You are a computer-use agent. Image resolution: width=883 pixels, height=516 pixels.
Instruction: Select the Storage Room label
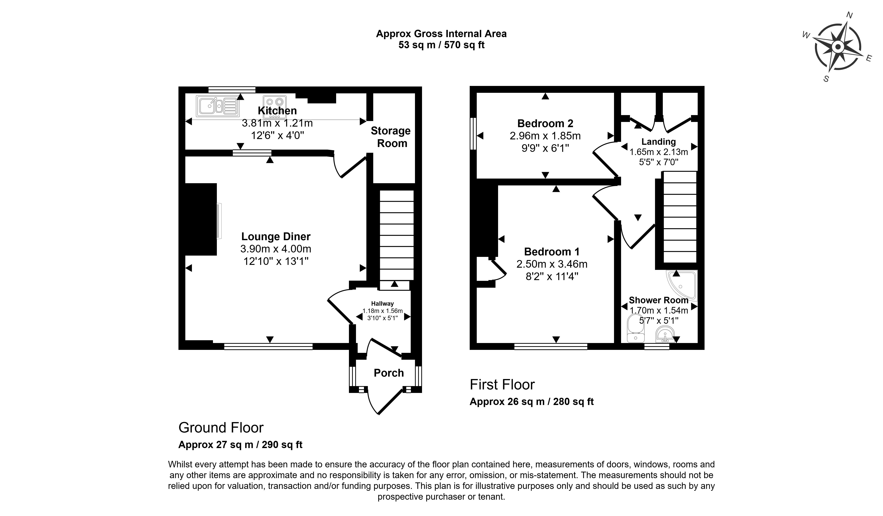click(x=391, y=137)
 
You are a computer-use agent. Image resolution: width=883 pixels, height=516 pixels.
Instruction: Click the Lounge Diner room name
click(x=276, y=237)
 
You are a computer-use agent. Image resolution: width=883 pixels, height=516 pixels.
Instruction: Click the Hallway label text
click(x=382, y=304)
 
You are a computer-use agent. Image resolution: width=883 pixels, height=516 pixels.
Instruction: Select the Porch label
click(x=389, y=373)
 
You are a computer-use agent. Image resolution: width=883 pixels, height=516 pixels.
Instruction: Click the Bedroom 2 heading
click(x=545, y=123)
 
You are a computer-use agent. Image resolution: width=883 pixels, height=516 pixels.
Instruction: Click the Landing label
click(x=658, y=142)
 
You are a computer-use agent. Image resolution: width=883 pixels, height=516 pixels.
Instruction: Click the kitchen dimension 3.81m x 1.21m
click(x=277, y=123)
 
